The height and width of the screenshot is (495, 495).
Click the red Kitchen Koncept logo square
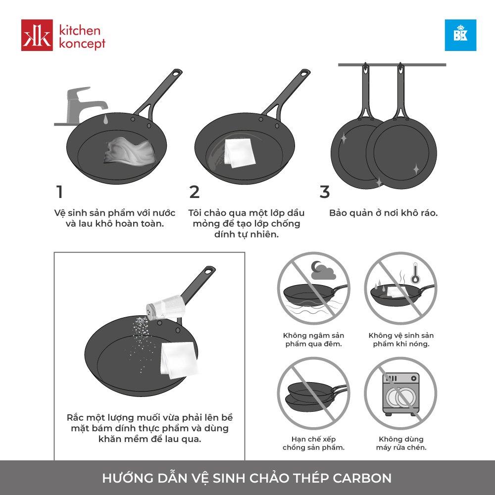point(37,35)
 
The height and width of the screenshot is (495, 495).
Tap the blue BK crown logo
point(460,35)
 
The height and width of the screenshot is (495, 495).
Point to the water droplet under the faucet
point(105,119)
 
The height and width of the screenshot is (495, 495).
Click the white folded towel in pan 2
point(239,153)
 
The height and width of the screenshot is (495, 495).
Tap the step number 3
point(325,192)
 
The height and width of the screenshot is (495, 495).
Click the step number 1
point(59,192)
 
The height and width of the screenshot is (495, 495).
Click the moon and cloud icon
point(323,271)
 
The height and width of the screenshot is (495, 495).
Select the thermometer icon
point(415,273)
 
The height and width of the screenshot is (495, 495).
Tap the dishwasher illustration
point(401,394)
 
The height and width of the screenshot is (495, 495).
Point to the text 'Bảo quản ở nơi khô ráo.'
point(383,213)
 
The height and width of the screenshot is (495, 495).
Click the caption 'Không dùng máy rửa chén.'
point(401,443)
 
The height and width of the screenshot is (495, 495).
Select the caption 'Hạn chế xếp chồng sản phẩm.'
point(313,443)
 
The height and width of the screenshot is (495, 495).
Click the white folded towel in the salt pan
point(179,360)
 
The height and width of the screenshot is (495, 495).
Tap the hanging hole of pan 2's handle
point(304,74)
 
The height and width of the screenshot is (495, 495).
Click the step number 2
point(195,192)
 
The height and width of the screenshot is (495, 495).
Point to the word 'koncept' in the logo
point(82,43)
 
